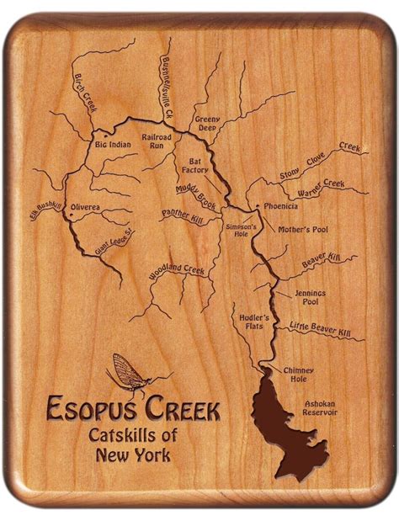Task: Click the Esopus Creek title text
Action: point(133,411)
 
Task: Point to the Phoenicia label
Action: point(280,205)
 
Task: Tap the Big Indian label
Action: point(113,145)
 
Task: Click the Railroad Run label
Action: point(157,141)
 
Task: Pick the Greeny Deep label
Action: point(207,124)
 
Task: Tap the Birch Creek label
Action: point(87,93)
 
